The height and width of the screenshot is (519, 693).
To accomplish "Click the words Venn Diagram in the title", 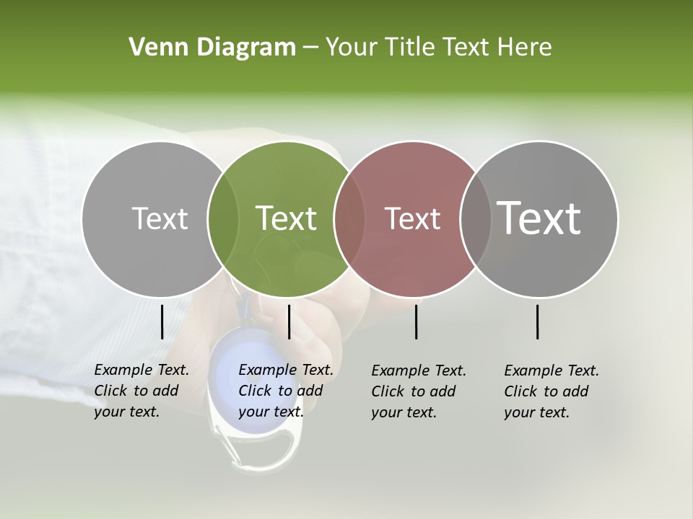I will pyautogui.click(x=212, y=48).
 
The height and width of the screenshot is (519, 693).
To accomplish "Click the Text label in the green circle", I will pyautogui.click(x=286, y=218).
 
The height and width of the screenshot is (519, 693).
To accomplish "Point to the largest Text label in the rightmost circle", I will pyautogui.click(x=539, y=218).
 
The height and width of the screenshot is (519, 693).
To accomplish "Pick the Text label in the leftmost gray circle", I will pyautogui.click(x=160, y=218).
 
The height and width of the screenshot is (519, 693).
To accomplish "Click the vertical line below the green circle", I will pyautogui.click(x=289, y=321).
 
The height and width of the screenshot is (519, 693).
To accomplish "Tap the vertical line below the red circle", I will pyautogui.click(x=417, y=321).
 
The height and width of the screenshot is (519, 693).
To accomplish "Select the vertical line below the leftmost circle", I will pyautogui.click(x=162, y=321).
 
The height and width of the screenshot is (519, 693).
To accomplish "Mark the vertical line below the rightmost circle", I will pyautogui.click(x=538, y=321).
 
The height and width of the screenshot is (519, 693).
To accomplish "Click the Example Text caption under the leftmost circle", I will pyautogui.click(x=141, y=391).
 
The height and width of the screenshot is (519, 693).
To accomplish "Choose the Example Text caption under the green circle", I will pyautogui.click(x=286, y=391).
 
